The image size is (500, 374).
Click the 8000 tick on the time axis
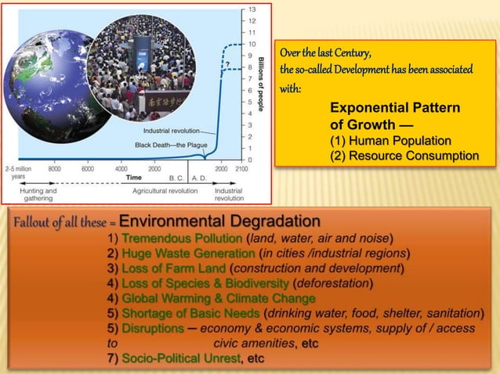point(55,168)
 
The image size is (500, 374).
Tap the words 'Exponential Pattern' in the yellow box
point(395,108)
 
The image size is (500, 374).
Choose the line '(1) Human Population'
point(390,141)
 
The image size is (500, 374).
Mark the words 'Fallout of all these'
point(55,223)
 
